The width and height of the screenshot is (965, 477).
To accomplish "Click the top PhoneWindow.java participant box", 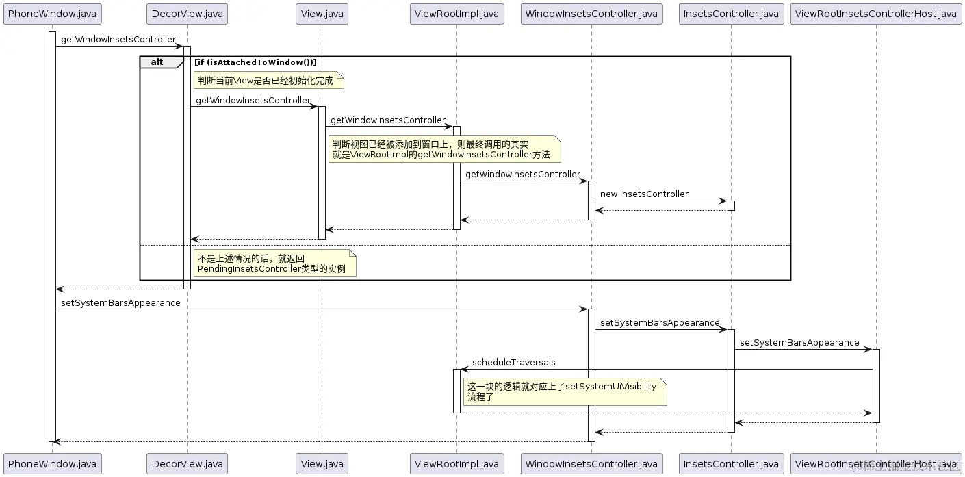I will (x=52, y=14).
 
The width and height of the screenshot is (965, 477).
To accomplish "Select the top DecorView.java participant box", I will (x=187, y=14).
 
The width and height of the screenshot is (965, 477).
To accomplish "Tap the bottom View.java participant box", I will (x=322, y=463).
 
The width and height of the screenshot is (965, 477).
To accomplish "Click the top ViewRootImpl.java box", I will (x=456, y=14).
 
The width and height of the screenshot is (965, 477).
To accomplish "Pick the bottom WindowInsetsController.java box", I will (x=591, y=463).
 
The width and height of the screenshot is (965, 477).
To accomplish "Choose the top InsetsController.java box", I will (x=730, y=14).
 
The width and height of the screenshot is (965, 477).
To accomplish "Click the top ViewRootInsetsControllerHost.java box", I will (x=875, y=14).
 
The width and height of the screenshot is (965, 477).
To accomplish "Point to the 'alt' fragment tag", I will (x=157, y=62).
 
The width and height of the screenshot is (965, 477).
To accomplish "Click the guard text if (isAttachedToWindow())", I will (x=255, y=62).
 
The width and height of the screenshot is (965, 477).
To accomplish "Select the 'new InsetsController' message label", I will (x=644, y=194).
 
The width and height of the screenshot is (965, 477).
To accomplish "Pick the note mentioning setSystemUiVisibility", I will (x=564, y=391).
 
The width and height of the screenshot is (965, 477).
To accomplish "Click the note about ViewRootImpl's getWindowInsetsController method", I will (x=443, y=149).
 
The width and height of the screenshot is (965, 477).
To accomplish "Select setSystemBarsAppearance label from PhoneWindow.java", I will (x=120, y=303).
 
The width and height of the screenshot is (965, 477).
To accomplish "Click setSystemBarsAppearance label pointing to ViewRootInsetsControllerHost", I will (x=799, y=343).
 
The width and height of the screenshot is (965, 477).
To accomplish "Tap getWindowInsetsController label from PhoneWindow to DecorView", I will (x=118, y=40).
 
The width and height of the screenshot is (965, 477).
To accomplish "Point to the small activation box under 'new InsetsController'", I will (x=731, y=205).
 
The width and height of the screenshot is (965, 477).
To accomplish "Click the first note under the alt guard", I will (x=267, y=81).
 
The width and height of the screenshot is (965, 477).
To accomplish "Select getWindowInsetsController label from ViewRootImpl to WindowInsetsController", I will (x=523, y=175).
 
